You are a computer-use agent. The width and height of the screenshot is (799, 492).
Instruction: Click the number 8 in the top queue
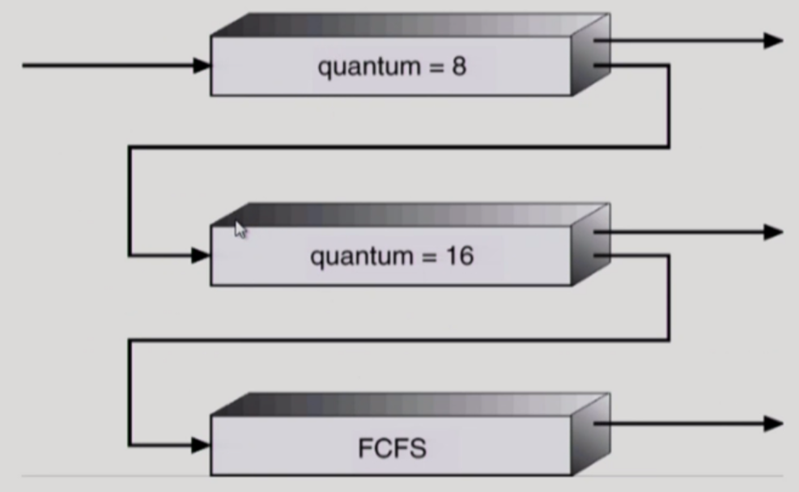(x=458, y=66)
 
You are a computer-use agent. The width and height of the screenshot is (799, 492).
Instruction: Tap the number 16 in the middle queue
(x=457, y=257)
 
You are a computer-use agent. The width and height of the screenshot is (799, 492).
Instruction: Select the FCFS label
(x=392, y=448)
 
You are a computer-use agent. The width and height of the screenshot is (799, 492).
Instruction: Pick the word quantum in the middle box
(x=360, y=258)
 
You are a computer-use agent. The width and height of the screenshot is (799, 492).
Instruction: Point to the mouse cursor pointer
(x=240, y=229)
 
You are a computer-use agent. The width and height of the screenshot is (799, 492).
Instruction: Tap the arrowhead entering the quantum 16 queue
(x=201, y=256)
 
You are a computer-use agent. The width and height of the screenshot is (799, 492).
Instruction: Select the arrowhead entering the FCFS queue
(x=201, y=444)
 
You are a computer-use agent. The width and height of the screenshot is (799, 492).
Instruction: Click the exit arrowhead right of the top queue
(x=773, y=40)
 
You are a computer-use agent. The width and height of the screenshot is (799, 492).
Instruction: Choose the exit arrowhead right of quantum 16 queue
(x=773, y=232)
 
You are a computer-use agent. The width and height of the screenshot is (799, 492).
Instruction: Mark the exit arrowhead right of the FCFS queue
(x=773, y=423)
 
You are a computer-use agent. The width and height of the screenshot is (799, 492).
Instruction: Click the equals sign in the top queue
(x=434, y=67)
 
